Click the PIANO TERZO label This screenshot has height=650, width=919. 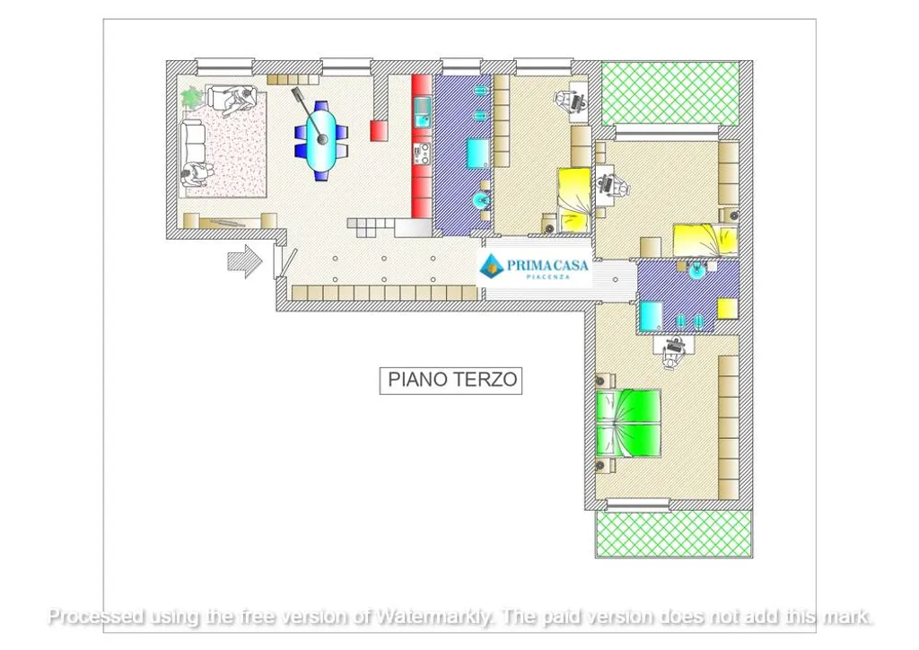coord(451,380)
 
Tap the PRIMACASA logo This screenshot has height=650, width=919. coord(533,268)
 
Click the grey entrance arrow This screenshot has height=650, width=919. coord(244,261)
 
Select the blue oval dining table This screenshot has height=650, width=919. coord(321,141)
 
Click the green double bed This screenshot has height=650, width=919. coord(628,423)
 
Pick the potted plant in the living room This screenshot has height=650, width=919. coord(191,97)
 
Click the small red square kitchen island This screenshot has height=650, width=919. coord(379,130)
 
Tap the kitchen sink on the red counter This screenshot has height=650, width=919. coord(422,112)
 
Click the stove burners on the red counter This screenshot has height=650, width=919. coord(422,154)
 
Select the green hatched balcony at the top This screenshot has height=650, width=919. coord(670,93)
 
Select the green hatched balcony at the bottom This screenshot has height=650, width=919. coord(674,533)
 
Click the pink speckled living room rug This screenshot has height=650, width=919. coord(229,145)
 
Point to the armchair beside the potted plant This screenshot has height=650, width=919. coord(231,99)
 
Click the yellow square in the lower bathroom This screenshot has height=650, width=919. coord(728,308)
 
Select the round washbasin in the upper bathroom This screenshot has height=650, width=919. coord(482,200)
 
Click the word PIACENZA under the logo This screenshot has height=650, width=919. coord(547,277)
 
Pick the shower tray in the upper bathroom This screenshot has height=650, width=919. coord(478,154)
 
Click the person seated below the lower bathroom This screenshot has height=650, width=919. coord(673,353)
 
